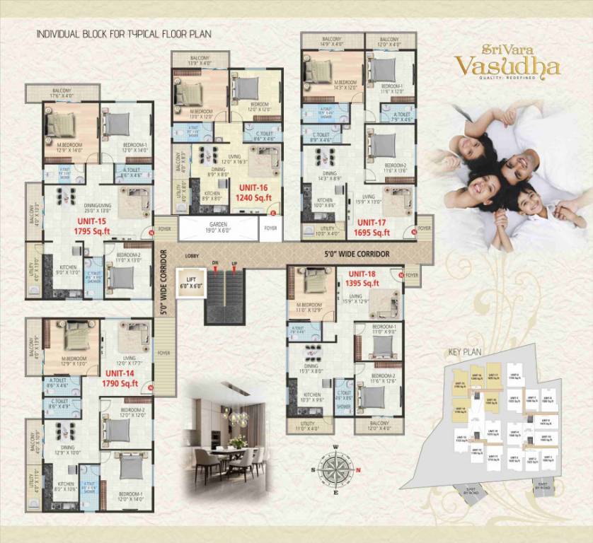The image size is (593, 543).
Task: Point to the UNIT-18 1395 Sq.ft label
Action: click(362, 279)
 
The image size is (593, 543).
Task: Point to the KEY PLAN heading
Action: click(465, 351)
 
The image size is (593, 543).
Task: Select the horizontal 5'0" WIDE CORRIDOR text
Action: click(357, 252)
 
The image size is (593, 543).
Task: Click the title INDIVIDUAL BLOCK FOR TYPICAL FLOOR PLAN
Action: click(124, 33)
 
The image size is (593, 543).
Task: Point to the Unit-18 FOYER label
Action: click(412, 274)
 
